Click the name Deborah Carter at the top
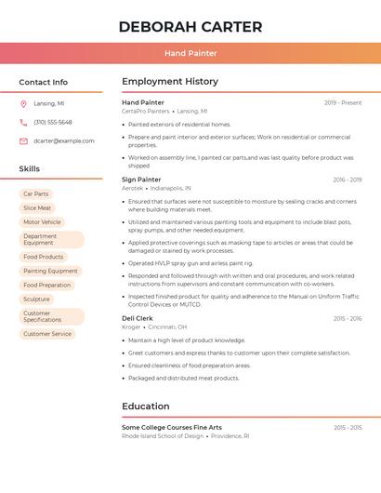tap(190, 27)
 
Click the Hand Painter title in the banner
tap(190, 54)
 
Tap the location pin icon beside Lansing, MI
tap(23, 104)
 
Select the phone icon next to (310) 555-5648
tap(23, 123)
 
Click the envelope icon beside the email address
tap(23, 141)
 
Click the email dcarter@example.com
tap(64, 141)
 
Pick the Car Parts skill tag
tap(36, 193)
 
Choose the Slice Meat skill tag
tap(37, 208)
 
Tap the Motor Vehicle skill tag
tap(42, 222)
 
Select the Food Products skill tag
tap(44, 257)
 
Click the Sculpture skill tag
tap(36, 300)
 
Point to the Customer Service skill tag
tap(47, 334)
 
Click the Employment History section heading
tap(170, 82)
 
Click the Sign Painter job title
tap(141, 180)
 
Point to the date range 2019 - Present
tap(343, 103)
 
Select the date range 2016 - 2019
tap(348, 180)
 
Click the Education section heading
tap(145, 406)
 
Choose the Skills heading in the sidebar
tap(30, 169)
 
